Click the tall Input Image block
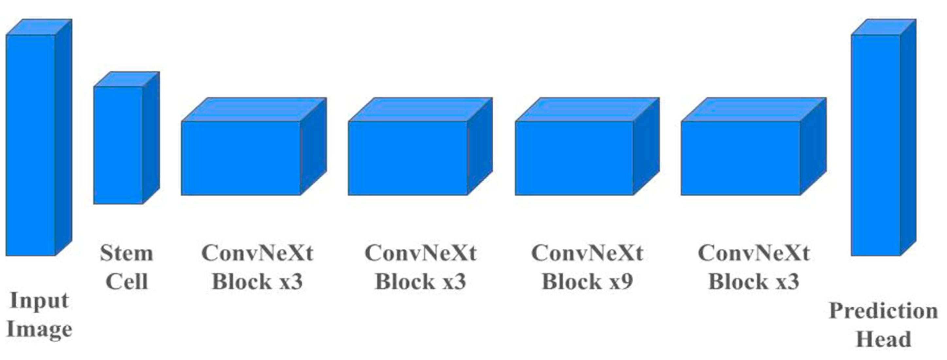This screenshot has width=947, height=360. [x=31, y=145]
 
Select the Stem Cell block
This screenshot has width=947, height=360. [x=118, y=145]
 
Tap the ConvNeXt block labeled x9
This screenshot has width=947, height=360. [x=574, y=158]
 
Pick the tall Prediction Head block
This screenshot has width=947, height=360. [x=876, y=145]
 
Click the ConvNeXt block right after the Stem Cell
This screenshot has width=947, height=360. [x=241, y=158]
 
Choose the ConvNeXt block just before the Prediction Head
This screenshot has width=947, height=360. [x=740, y=158]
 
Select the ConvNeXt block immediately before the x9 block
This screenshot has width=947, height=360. [x=408, y=158]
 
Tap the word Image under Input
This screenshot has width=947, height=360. [x=39, y=329]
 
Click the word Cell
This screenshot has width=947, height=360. [x=127, y=282]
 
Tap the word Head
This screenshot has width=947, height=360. [x=884, y=339]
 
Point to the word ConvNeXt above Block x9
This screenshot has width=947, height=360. [x=587, y=253]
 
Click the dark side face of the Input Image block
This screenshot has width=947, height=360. [x=63, y=136]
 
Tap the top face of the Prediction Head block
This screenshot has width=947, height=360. [x=884, y=27]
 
